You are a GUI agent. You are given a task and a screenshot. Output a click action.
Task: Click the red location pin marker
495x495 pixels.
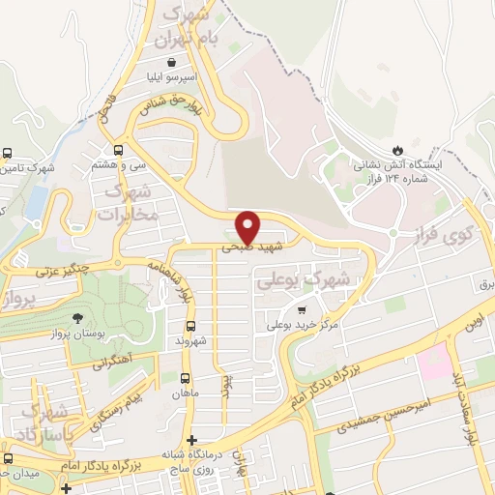pyautogui.click(x=248, y=226)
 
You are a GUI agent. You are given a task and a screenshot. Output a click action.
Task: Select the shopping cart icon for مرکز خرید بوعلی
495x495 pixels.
pyautogui.click(x=303, y=310)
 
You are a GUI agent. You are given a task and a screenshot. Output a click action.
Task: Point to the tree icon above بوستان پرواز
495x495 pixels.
pyautogui.click(x=77, y=318)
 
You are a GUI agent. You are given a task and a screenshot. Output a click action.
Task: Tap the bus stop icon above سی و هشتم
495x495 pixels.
pyautogui.click(x=119, y=150)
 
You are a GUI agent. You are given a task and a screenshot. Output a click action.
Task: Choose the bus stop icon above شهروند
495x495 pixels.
pyautogui.click(x=190, y=325)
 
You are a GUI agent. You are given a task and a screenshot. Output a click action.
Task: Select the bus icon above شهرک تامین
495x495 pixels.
pyautogui.click(x=8, y=154)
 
